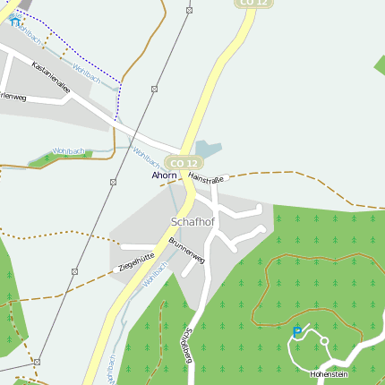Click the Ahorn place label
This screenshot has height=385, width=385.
164,175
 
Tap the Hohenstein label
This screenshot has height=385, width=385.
328,373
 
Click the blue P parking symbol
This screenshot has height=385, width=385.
297,333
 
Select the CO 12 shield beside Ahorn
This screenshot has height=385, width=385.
183,163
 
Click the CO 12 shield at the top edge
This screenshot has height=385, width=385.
253,3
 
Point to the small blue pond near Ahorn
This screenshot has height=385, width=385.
206,149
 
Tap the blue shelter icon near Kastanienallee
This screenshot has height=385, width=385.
15,20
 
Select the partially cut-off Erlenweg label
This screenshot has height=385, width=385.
13,96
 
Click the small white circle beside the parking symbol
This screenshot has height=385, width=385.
324,340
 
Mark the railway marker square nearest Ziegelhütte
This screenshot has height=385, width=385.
75,270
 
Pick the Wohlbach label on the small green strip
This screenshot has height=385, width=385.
69,152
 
